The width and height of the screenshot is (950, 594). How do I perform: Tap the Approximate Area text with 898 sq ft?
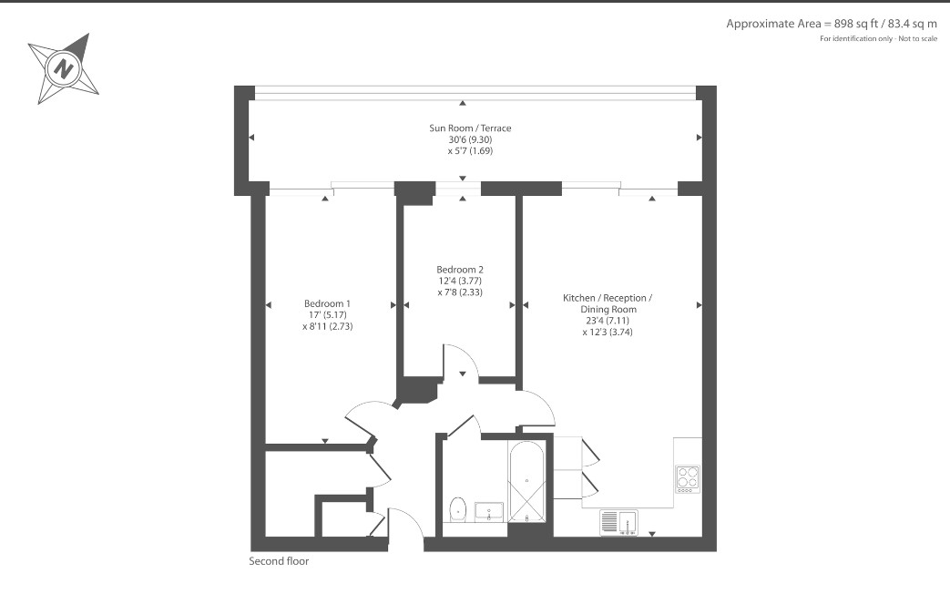[x=832, y=25]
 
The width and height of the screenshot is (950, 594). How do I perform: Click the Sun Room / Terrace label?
[x=470, y=128]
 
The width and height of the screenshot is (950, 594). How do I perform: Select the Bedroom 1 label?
[x=327, y=303]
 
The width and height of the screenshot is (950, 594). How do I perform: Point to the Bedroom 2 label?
[x=460, y=270]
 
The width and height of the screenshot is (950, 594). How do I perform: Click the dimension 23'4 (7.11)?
[x=608, y=321]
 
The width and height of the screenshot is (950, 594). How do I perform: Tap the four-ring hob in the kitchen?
[x=688, y=478]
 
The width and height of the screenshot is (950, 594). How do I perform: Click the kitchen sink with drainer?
[x=619, y=522]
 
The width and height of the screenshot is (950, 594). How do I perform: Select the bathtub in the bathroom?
[x=527, y=481]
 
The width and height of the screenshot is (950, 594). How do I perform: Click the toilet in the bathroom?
[x=457, y=509]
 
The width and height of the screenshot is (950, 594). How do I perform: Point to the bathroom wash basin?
[x=488, y=512]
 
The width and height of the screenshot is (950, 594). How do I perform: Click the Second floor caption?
[x=279, y=561]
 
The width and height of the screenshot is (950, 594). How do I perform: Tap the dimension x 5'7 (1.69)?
[x=470, y=151]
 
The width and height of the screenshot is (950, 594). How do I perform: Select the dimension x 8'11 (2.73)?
[x=327, y=326]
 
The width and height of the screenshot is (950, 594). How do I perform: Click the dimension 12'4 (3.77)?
[x=460, y=282]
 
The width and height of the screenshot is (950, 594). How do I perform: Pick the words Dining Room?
[x=608, y=309]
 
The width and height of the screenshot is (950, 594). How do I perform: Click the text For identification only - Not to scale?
[x=879, y=39]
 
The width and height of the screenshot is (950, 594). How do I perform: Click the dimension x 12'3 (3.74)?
[x=608, y=333]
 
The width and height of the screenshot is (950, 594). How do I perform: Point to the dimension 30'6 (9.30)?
[x=470, y=139]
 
